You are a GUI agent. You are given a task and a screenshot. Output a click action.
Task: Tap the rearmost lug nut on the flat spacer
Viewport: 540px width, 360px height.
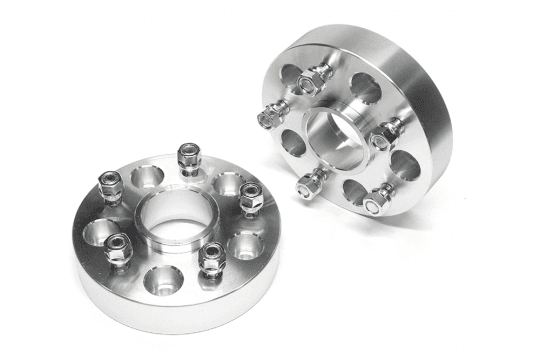point(187,158)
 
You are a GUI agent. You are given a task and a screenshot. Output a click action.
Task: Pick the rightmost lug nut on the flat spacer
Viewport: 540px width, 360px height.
point(249,197)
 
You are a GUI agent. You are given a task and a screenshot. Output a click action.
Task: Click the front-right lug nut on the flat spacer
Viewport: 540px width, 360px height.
point(211,260)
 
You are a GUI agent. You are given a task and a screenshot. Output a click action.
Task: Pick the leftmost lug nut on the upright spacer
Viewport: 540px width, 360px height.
point(267,117)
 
